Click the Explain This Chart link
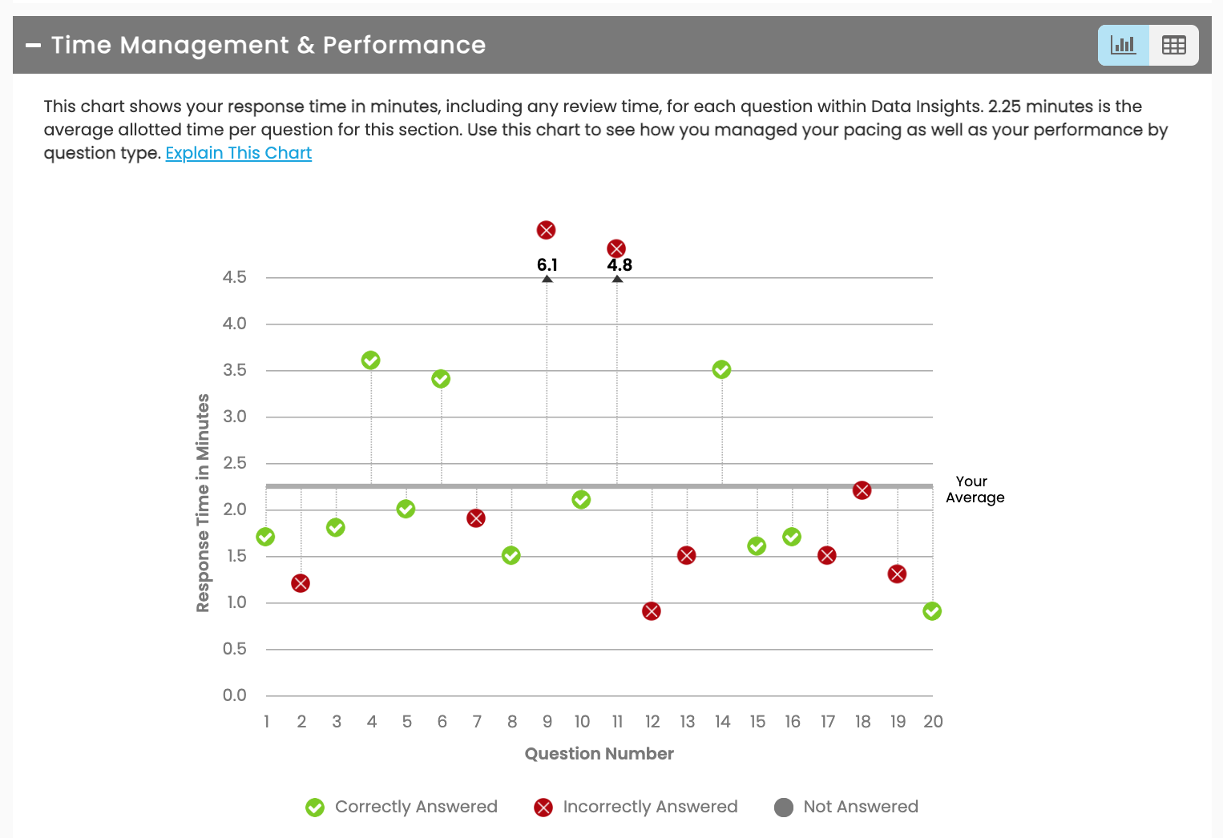(x=238, y=153)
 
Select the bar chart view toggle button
(x=1123, y=45)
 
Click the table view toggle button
(x=1173, y=45)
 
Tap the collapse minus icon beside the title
(x=33, y=46)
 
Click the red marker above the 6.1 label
(x=546, y=231)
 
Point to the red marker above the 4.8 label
(x=616, y=248)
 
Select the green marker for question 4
(x=370, y=361)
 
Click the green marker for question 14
(x=721, y=369)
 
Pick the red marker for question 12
(x=652, y=611)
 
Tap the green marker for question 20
(x=932, y=611)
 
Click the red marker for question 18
(x=862, y=490)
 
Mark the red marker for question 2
(x=301, y=583)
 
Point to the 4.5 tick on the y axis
(x=235, y=277)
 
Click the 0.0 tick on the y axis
(x=235, y=695)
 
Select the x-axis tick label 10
(x=582, y=722)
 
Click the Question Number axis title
(x=599, y=754)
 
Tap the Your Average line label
(x=975, y=490)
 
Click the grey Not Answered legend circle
(x=784, y=808)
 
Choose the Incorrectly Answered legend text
(x=650, y=807)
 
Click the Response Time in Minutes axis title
(x=203, y=503)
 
